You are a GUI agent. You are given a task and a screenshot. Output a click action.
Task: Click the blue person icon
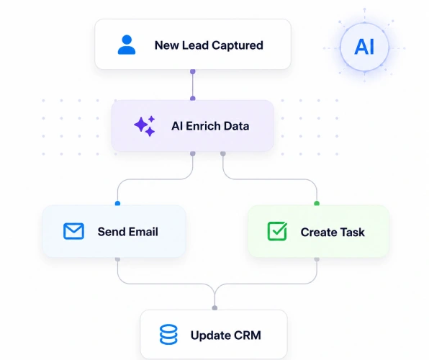[x=127, y=45]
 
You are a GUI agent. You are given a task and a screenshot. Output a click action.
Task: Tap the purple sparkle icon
[x=145, y=126]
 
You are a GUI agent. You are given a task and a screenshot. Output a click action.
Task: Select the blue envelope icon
[x=73, y=231]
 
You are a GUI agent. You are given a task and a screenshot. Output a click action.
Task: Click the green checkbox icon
[x=277, y=231]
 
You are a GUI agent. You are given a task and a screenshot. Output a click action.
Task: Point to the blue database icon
[x=168, y=334]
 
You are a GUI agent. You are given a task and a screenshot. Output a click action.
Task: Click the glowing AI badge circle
[x=364, y=47]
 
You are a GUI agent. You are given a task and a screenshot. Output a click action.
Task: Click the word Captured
[x=238, y=45]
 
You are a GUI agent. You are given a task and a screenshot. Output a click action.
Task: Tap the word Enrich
[x=203, y=126]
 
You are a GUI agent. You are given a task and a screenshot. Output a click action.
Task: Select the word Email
[x=143, y=232]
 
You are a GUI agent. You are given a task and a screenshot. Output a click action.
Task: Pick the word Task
[x=352, y=232]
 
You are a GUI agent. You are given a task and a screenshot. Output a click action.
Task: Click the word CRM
[x=248, y=336]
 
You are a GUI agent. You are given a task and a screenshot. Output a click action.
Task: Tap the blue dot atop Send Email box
[x=117, y=204]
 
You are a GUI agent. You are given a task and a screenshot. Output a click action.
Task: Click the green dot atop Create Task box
[x=317, y=204]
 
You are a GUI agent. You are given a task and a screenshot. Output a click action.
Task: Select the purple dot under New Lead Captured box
[x=193, y=72]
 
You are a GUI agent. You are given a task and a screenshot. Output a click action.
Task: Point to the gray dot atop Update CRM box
[x=214, y=308]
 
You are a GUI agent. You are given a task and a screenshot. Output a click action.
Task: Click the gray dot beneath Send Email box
[x=117, y=259]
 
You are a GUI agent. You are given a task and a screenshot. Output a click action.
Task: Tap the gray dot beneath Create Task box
[x=317, y=259]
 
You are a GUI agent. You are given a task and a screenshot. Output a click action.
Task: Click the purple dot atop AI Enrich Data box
[x=193, y=99]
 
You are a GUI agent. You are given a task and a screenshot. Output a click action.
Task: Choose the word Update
[x=211, y=336]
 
